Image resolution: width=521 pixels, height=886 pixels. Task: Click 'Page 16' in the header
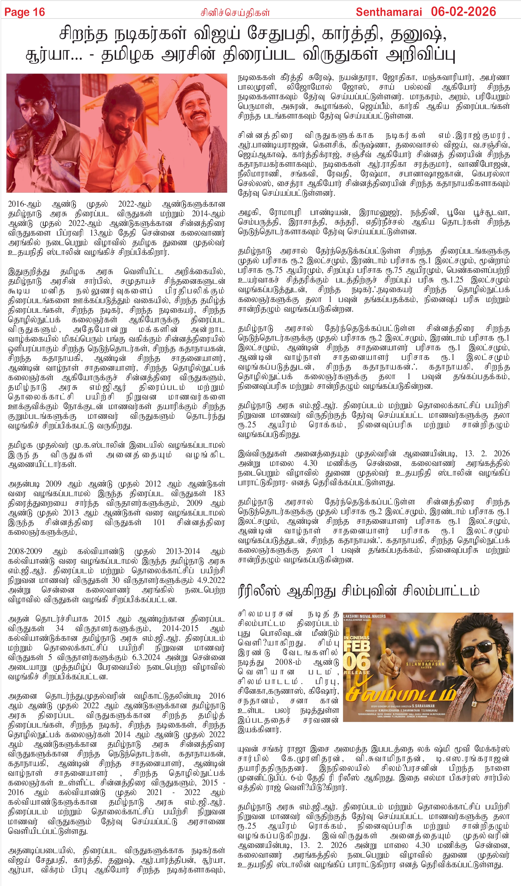point(24,12)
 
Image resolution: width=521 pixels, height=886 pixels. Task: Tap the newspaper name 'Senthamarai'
point(388,12)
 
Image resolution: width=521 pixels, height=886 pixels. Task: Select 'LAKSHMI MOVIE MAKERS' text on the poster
point(364,616)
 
